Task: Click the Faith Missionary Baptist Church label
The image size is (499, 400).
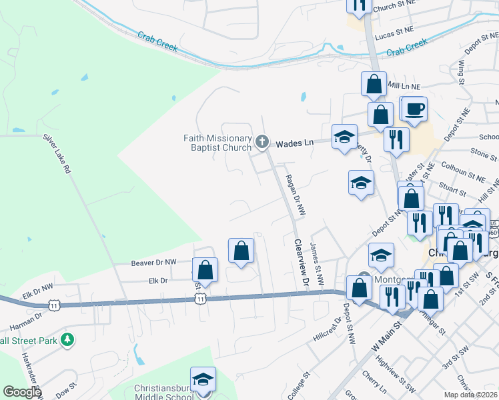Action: pos(217,143)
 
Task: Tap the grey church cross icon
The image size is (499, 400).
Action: pos(262,141)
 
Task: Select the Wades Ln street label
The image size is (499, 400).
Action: pos(295,143)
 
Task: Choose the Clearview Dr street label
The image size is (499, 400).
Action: pos(301,265)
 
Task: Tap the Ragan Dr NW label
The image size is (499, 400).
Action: pos(294,194)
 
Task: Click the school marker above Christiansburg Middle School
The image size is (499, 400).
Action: pos(203,379)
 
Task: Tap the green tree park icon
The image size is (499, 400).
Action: pos(67,341)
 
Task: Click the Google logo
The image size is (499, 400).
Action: pos(22,393)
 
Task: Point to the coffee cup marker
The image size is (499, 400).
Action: pos(414,108)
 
